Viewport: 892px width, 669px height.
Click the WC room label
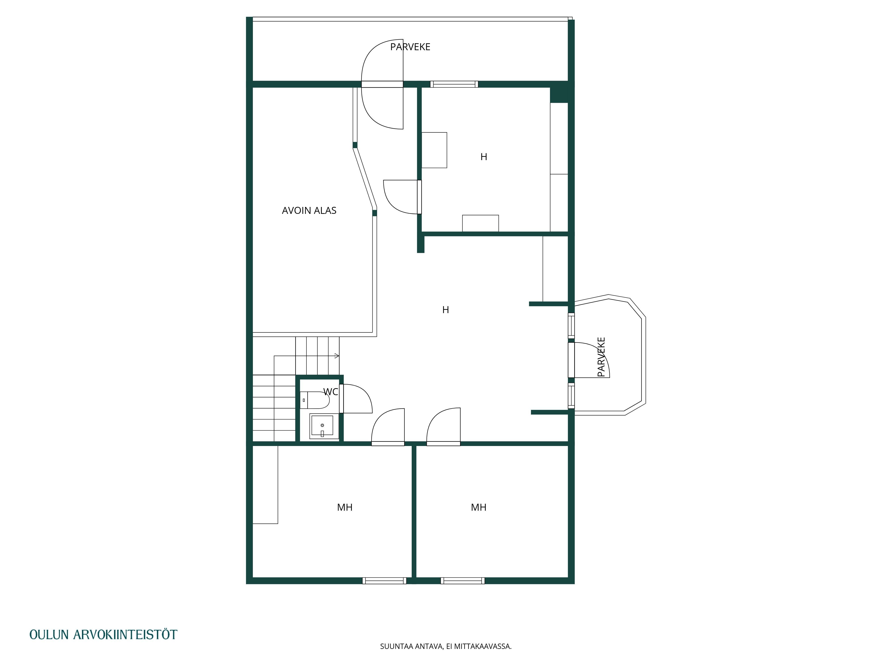331,392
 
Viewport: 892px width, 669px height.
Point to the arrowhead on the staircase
337,356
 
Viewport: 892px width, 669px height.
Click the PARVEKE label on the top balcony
410,47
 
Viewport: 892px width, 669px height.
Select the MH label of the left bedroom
345,507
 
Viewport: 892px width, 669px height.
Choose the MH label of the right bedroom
479,507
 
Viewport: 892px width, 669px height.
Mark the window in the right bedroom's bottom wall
463,581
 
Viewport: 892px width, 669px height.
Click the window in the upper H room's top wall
454,84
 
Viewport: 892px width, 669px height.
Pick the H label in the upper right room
484,157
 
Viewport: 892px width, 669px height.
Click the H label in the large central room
446,310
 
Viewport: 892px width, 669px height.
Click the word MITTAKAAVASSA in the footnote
483,646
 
